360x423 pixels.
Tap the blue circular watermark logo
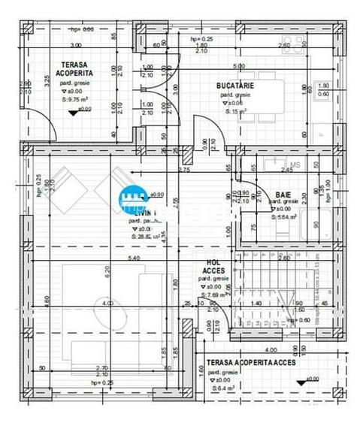(135, 198)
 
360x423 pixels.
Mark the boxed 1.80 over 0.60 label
(323, 89)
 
